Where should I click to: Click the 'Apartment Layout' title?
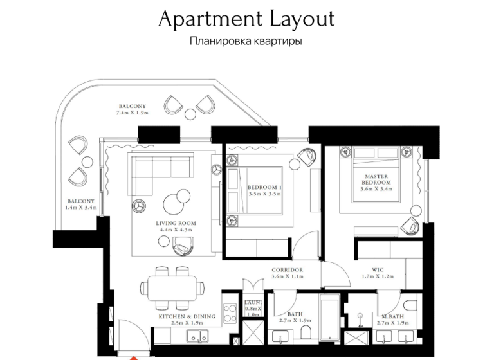point(246,19)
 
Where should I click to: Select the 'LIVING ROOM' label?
point(176,224)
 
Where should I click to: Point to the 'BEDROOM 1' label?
point(264,188)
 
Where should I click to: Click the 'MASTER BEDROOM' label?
point(377,179)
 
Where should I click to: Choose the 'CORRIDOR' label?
point(287,270)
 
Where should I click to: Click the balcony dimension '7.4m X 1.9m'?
point(132,113)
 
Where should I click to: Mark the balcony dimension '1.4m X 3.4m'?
point(80,208)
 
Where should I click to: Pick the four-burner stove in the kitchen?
point(230,313)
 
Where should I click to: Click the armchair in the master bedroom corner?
point(410,226)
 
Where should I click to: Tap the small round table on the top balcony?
point(191,114)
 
